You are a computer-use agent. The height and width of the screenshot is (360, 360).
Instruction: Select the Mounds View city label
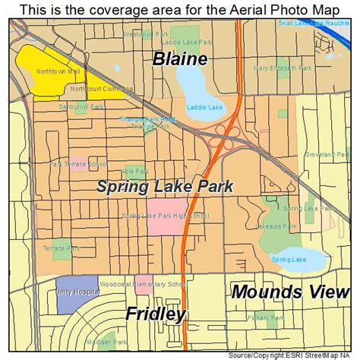click(291, 291)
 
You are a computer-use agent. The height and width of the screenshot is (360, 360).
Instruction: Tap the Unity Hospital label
click(73, 292)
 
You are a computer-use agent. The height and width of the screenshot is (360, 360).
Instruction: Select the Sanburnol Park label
click(65, 107)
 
